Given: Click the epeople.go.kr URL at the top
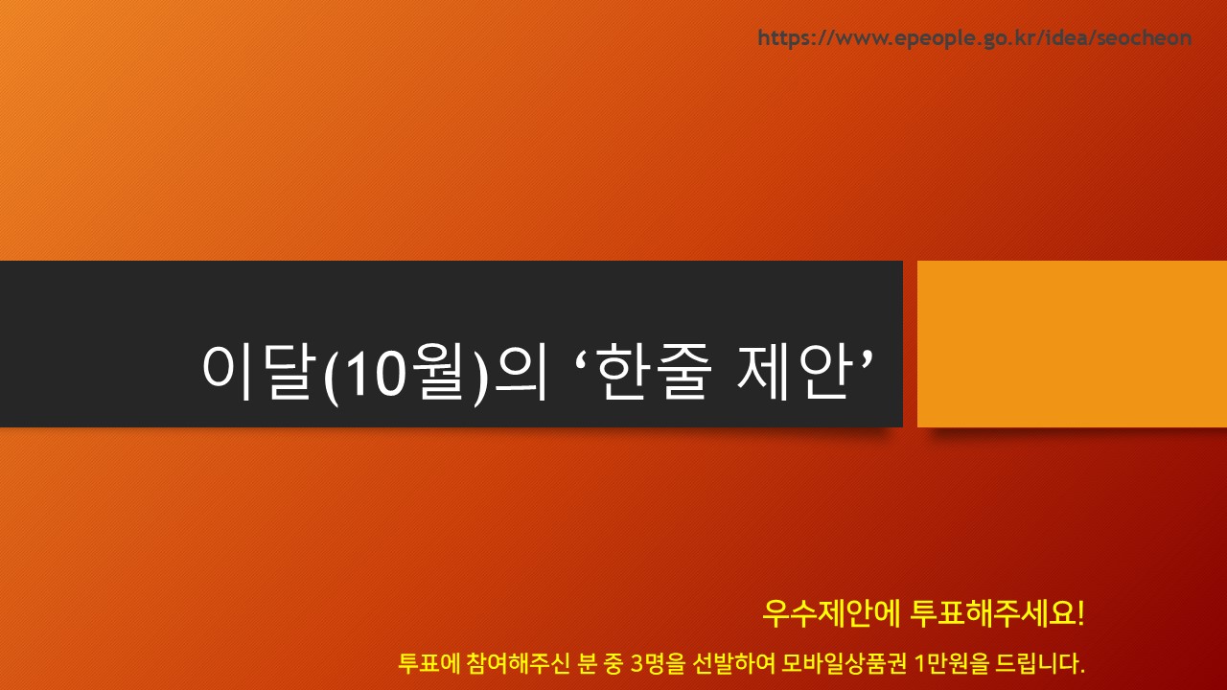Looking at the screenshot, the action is [x=975, y=37].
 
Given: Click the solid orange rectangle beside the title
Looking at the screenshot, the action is [x=1072, y=344].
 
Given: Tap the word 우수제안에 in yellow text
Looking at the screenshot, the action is [x=831, y=613].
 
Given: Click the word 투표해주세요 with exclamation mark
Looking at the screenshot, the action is [x=997, y=613].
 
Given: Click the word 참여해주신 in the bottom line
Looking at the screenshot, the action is [x=519, y=663].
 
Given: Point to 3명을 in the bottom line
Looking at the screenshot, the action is [x=658, y=663].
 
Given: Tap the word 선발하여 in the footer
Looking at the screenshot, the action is [x=734, y=663].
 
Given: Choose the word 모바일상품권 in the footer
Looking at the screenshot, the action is [x=845, y=663].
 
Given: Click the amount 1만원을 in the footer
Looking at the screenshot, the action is [x=953, y=663].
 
